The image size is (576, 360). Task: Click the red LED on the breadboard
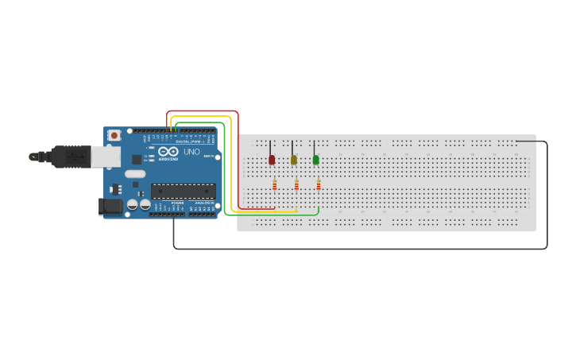[x=272, y=160]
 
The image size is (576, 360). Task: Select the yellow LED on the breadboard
[x=293, y=160]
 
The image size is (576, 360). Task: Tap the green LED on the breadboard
[x=315, y=160]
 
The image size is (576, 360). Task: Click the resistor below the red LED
[x=274, y=185]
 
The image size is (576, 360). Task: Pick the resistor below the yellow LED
[x=296, y=185]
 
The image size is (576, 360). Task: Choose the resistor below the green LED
[x=319, y=185]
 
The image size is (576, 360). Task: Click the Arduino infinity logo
[x=168, y=151]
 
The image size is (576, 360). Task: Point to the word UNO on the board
[x=191, y=151]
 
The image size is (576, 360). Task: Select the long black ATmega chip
[x=184, y=191]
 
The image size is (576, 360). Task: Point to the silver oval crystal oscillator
[x=135, y=174]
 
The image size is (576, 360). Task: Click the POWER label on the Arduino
[x=176, y=203]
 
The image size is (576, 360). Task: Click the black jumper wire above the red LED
[x=271, y=148]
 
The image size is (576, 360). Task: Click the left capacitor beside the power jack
[x=132, y=205]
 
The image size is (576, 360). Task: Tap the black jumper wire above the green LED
[x=315, y=148]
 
